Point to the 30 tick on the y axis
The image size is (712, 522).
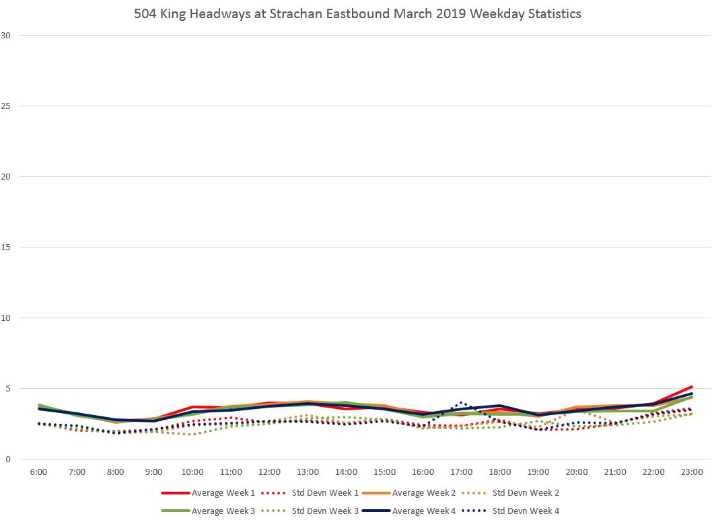click(6, 35)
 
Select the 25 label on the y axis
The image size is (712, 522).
click(6, 106)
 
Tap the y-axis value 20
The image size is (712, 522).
click(6, 176)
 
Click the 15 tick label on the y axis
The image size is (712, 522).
click(6, 247)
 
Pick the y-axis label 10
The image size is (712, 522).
click(6, 318)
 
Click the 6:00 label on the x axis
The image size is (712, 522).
click(38, 472)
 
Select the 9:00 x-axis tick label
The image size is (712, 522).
click(154, 472)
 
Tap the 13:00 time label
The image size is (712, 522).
click(308, 472)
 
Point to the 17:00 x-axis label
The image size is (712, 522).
click(462, 472)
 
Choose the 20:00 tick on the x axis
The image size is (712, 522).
click(577, 472)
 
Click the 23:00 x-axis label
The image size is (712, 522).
click(692, 472)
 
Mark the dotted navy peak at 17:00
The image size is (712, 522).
click(461, 402)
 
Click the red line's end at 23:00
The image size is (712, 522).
click(692, 387)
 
